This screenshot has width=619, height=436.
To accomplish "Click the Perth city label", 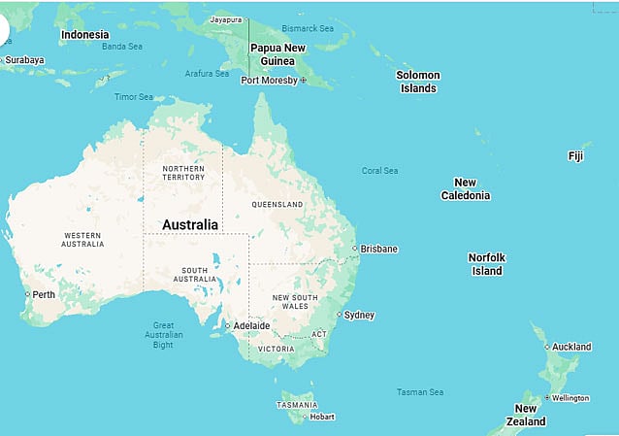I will click(44, 294).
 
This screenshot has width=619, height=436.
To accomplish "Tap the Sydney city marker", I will click(339, 315).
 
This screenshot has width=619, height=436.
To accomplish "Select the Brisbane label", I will click(378, 249).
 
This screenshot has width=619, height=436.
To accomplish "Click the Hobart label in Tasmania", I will click(321, 417).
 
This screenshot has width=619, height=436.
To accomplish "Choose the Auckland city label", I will click(571, 346).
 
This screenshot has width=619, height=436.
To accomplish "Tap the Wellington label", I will click(572, 397).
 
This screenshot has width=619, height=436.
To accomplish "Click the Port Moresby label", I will click(269, 80).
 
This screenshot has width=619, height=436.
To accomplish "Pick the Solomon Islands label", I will click(419, 82).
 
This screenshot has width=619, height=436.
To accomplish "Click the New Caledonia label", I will click(465, 188).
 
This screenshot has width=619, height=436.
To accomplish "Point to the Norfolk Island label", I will click(486, 264).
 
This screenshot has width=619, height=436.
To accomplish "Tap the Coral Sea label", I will click(379, 171).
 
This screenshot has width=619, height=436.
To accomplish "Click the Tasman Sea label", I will click(419, 392).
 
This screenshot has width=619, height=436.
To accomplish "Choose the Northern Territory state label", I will click(182, 173).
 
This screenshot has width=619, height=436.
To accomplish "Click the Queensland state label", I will click(277, 205).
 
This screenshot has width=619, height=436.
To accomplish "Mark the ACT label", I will click(319, 333).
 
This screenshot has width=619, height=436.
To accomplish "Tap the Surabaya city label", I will click(24, 60).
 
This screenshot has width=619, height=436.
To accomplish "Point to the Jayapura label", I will click(225, 18).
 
